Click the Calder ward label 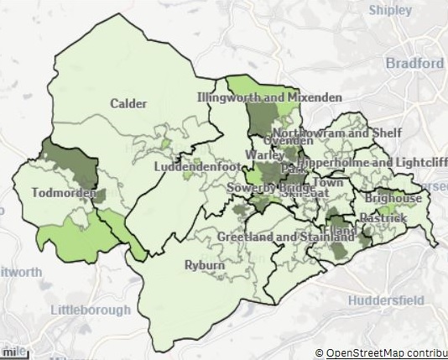coord(128,104)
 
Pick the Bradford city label coord(414,64)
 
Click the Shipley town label coord(393,10)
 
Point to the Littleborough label coord(91,310)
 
